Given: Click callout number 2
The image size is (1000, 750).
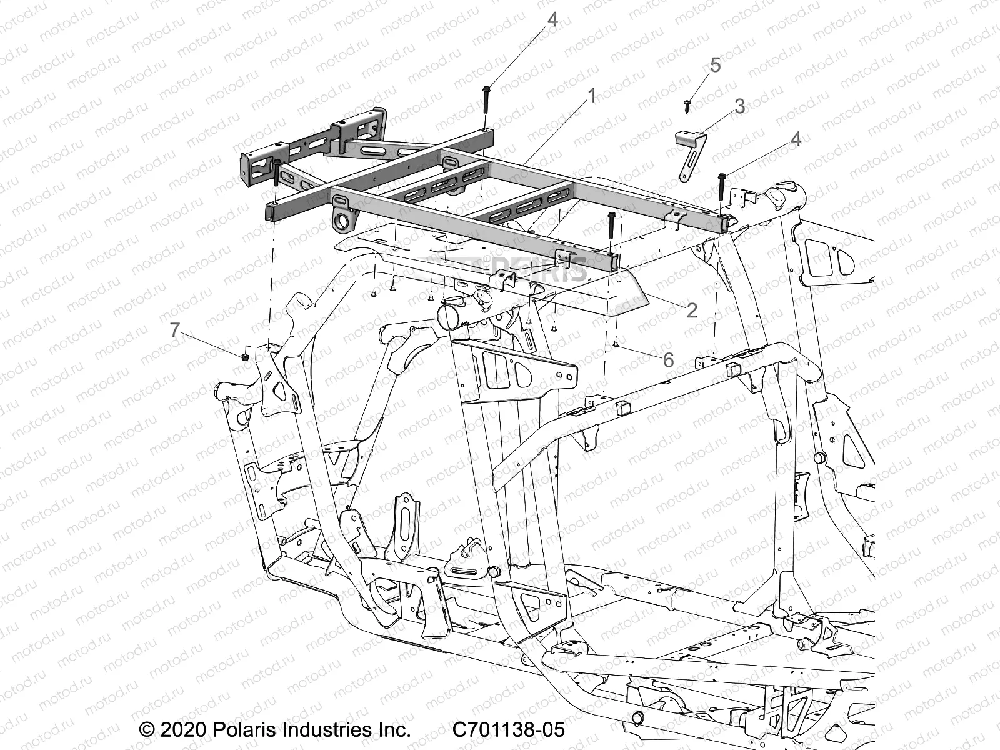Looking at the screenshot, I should [x=691, y=310].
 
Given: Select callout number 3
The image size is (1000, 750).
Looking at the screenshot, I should [x=740, y=106].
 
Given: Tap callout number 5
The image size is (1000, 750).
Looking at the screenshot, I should [x=715, y=65].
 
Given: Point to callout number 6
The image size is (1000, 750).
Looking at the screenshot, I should [x=668, y=359].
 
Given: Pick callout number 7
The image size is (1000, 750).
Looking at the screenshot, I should [x=176, y=330].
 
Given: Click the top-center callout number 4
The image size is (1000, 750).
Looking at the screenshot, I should [x=552, y=20].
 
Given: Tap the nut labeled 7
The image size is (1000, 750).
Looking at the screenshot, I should [x=246, y=357].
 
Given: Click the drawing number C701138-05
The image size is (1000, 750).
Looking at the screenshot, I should [x=507, y=729].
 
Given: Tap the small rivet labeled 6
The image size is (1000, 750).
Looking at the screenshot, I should [x=616, y=342].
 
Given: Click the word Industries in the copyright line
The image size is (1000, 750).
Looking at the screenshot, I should [x=324, y=729].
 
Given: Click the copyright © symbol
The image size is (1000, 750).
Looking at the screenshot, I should [x=146, y=729].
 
